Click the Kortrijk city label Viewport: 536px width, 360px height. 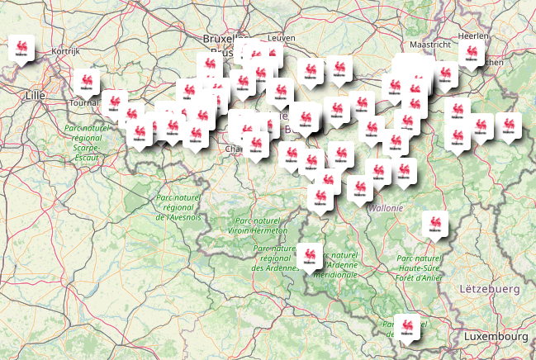64,51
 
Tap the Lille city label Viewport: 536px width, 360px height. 35,96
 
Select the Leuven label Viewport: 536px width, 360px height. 281,38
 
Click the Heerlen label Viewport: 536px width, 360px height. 473,36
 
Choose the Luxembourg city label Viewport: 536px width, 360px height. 496,338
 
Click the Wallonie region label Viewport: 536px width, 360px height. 387,208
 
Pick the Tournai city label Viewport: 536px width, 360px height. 85,103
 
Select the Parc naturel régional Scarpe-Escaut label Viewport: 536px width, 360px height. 87,143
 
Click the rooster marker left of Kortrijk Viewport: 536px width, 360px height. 21,50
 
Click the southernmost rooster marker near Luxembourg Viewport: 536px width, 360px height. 406,326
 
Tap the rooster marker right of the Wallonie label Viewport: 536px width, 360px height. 434,224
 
